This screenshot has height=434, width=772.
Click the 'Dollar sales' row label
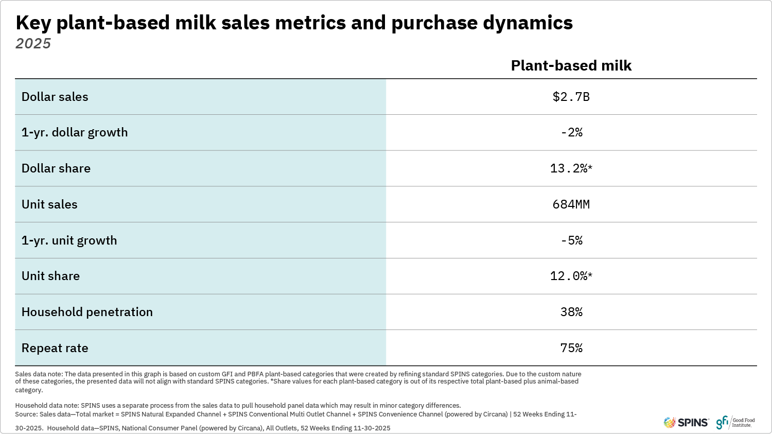click(x=55, y=97)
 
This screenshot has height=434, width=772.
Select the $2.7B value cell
click(x=571, y=97)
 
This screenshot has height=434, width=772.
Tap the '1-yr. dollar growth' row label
click(x=75, y=132)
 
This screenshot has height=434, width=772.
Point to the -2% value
click(x=571, y=132)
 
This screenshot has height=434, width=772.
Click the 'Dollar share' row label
click(x=56, y=168)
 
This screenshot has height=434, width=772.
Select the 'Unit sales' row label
click(x=49, y=204)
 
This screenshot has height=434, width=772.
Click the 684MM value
click(x=571, y=204)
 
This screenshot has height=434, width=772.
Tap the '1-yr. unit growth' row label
click(x=69, y=240)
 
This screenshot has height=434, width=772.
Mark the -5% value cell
click(x=571, y=240)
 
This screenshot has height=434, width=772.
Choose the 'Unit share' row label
click(x=50, y=276)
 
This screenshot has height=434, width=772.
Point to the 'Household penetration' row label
click(x=87, y=312)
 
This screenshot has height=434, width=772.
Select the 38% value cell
click(x=571, y=312)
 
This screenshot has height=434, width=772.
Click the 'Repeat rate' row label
click(x=55, y=348)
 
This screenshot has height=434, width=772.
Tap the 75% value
click(x=571, y=348)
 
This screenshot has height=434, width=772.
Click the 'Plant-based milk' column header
click(x=571, y=65)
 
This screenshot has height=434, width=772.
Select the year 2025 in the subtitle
click(x=33, y=43)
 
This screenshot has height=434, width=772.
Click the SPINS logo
click(x=686, y=423)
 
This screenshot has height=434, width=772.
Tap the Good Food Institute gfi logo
click(x=735, y=422)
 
